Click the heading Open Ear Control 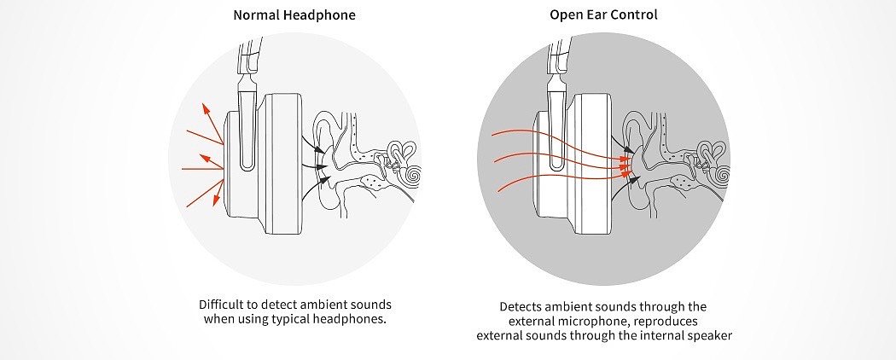tap(603, 15)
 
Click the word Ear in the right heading tap(602, 15)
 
